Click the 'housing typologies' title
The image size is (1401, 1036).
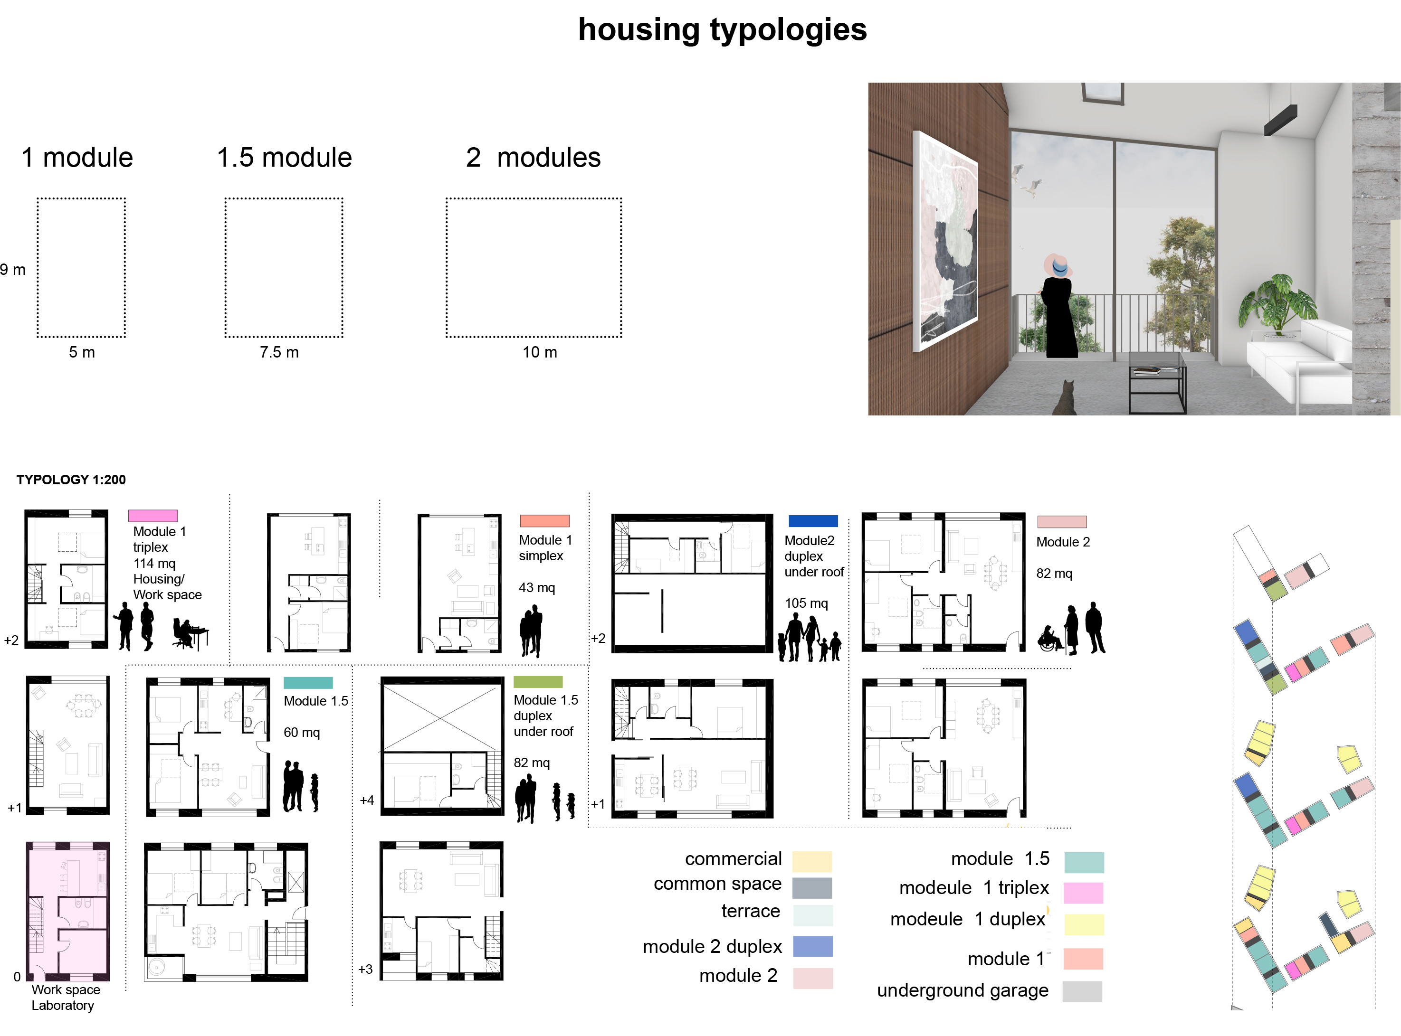722,29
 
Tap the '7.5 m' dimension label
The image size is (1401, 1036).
279,352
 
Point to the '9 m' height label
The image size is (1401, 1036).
12,270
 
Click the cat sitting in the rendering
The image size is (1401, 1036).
1065,398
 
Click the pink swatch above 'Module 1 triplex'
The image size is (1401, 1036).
152,516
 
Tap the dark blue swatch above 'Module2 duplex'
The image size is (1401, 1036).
812,520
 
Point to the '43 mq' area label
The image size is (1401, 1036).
536,588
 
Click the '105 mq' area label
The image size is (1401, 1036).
806,603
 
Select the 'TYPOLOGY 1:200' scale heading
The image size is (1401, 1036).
71,480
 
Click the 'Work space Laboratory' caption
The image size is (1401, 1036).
65,997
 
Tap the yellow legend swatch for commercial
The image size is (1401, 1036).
812,862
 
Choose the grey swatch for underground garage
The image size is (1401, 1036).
1082,991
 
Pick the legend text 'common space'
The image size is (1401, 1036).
717,884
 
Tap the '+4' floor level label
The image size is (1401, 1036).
366,800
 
